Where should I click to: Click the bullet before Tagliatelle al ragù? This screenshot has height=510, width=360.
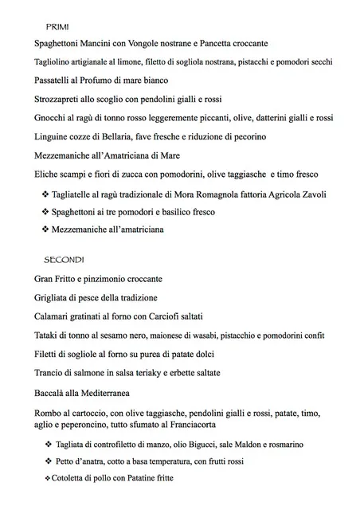[x=45, y=193]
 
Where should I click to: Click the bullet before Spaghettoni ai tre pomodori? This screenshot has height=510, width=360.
[x=45, y=211]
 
